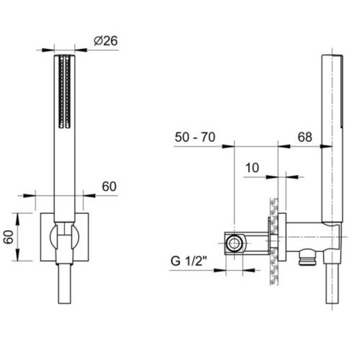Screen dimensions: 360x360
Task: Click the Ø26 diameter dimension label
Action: [x=106, y=41]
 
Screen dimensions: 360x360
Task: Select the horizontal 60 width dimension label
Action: [x=109, y=186]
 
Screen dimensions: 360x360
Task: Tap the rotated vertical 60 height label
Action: [x=9, y=237]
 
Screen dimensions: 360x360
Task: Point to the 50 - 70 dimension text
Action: [x=195, y=138]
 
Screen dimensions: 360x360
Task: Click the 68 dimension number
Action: [x=305, y=138]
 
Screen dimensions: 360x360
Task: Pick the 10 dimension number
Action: [x=252, y=168]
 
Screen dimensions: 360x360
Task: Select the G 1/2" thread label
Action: [x=189, y=261]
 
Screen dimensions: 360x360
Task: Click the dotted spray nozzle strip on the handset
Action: [x=65, y=91]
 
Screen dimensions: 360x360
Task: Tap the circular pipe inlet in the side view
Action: [x=234, y=243]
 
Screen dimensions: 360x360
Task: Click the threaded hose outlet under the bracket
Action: [x=307, y=258]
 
